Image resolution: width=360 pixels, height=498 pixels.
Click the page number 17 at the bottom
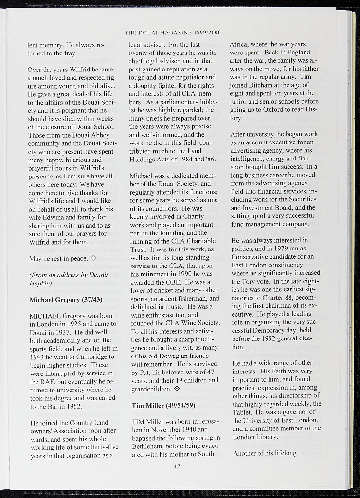177,467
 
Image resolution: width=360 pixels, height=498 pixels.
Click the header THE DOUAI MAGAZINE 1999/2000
173,33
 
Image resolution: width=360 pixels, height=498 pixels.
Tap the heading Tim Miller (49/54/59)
163,405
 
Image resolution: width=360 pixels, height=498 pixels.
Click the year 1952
72,406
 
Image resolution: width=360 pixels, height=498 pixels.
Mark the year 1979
277,249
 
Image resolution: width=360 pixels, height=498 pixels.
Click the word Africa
240,44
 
